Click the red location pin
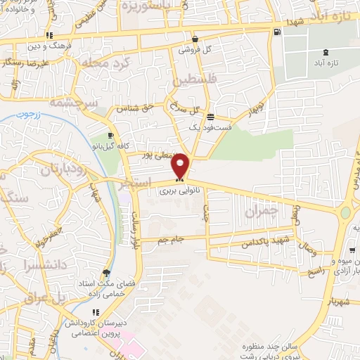(181, 166)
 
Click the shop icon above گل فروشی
(194, 39)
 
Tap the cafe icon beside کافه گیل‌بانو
(110, 136)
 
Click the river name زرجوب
(49, 112)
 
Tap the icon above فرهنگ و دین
(49, 35)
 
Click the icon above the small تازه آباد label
(324, 52)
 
